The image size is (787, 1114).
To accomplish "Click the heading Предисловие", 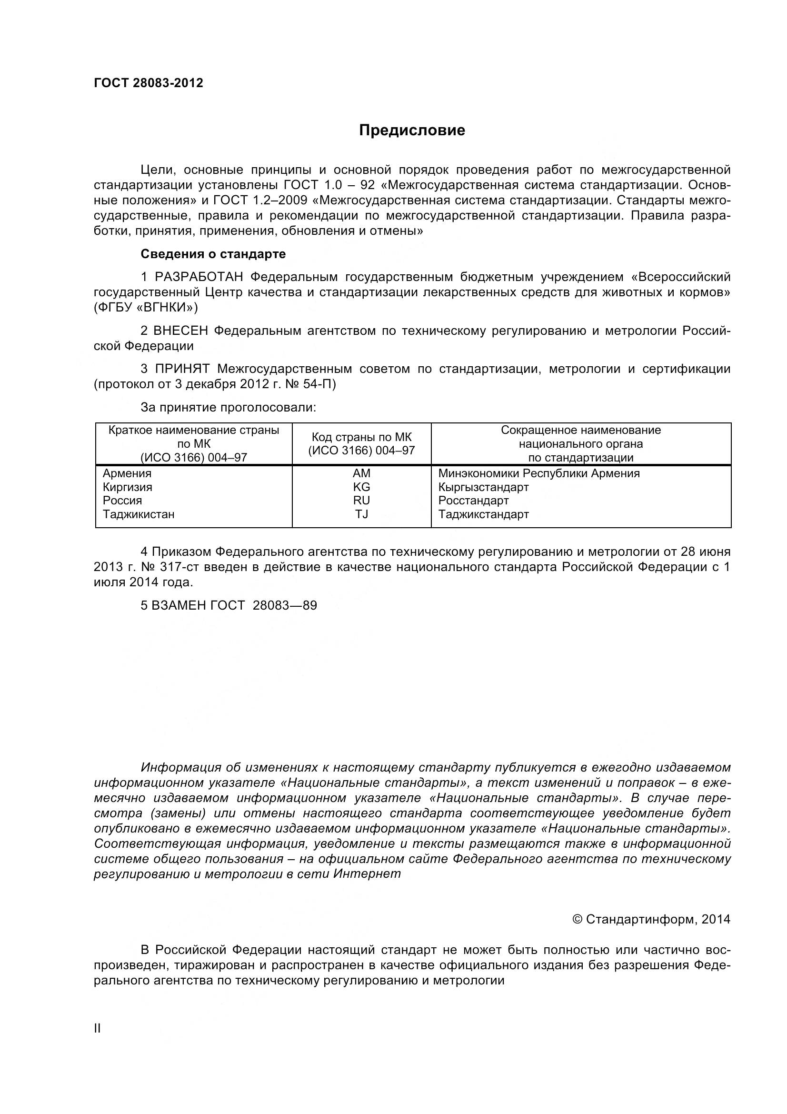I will point(412,130).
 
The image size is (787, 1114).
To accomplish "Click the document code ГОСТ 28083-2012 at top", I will point(149,83).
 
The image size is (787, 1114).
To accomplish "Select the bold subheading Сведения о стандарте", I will point(213,254).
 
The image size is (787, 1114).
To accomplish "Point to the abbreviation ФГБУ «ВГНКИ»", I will point(146,308).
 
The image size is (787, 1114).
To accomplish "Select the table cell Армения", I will point(127,473).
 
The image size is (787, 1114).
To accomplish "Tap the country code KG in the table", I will point(361,487).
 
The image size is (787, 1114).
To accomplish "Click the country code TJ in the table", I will point(361,514).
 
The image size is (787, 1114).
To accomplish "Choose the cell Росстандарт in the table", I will point(473,500).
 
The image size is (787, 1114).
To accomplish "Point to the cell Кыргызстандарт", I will point(483,487).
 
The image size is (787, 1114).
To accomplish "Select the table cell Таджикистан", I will point(138,514).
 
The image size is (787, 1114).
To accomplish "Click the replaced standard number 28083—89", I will point(285,605).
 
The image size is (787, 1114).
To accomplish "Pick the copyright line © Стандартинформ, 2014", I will point(651,919).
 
